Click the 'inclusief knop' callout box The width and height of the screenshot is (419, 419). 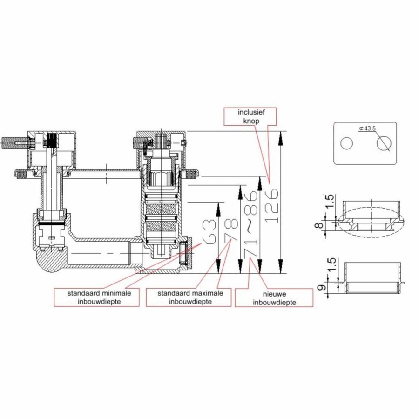pos(250,116)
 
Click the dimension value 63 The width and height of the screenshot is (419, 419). pos(210,230)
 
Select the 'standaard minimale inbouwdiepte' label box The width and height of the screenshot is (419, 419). pos(96,297)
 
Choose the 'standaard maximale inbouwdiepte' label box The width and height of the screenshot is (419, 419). pos(188,297)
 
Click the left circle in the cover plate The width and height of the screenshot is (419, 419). pos(346,144)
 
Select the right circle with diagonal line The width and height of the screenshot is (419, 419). pos(383,144)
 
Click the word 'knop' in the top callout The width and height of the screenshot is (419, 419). pos(250,121)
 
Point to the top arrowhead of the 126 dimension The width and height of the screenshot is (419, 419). pos(281,135)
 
